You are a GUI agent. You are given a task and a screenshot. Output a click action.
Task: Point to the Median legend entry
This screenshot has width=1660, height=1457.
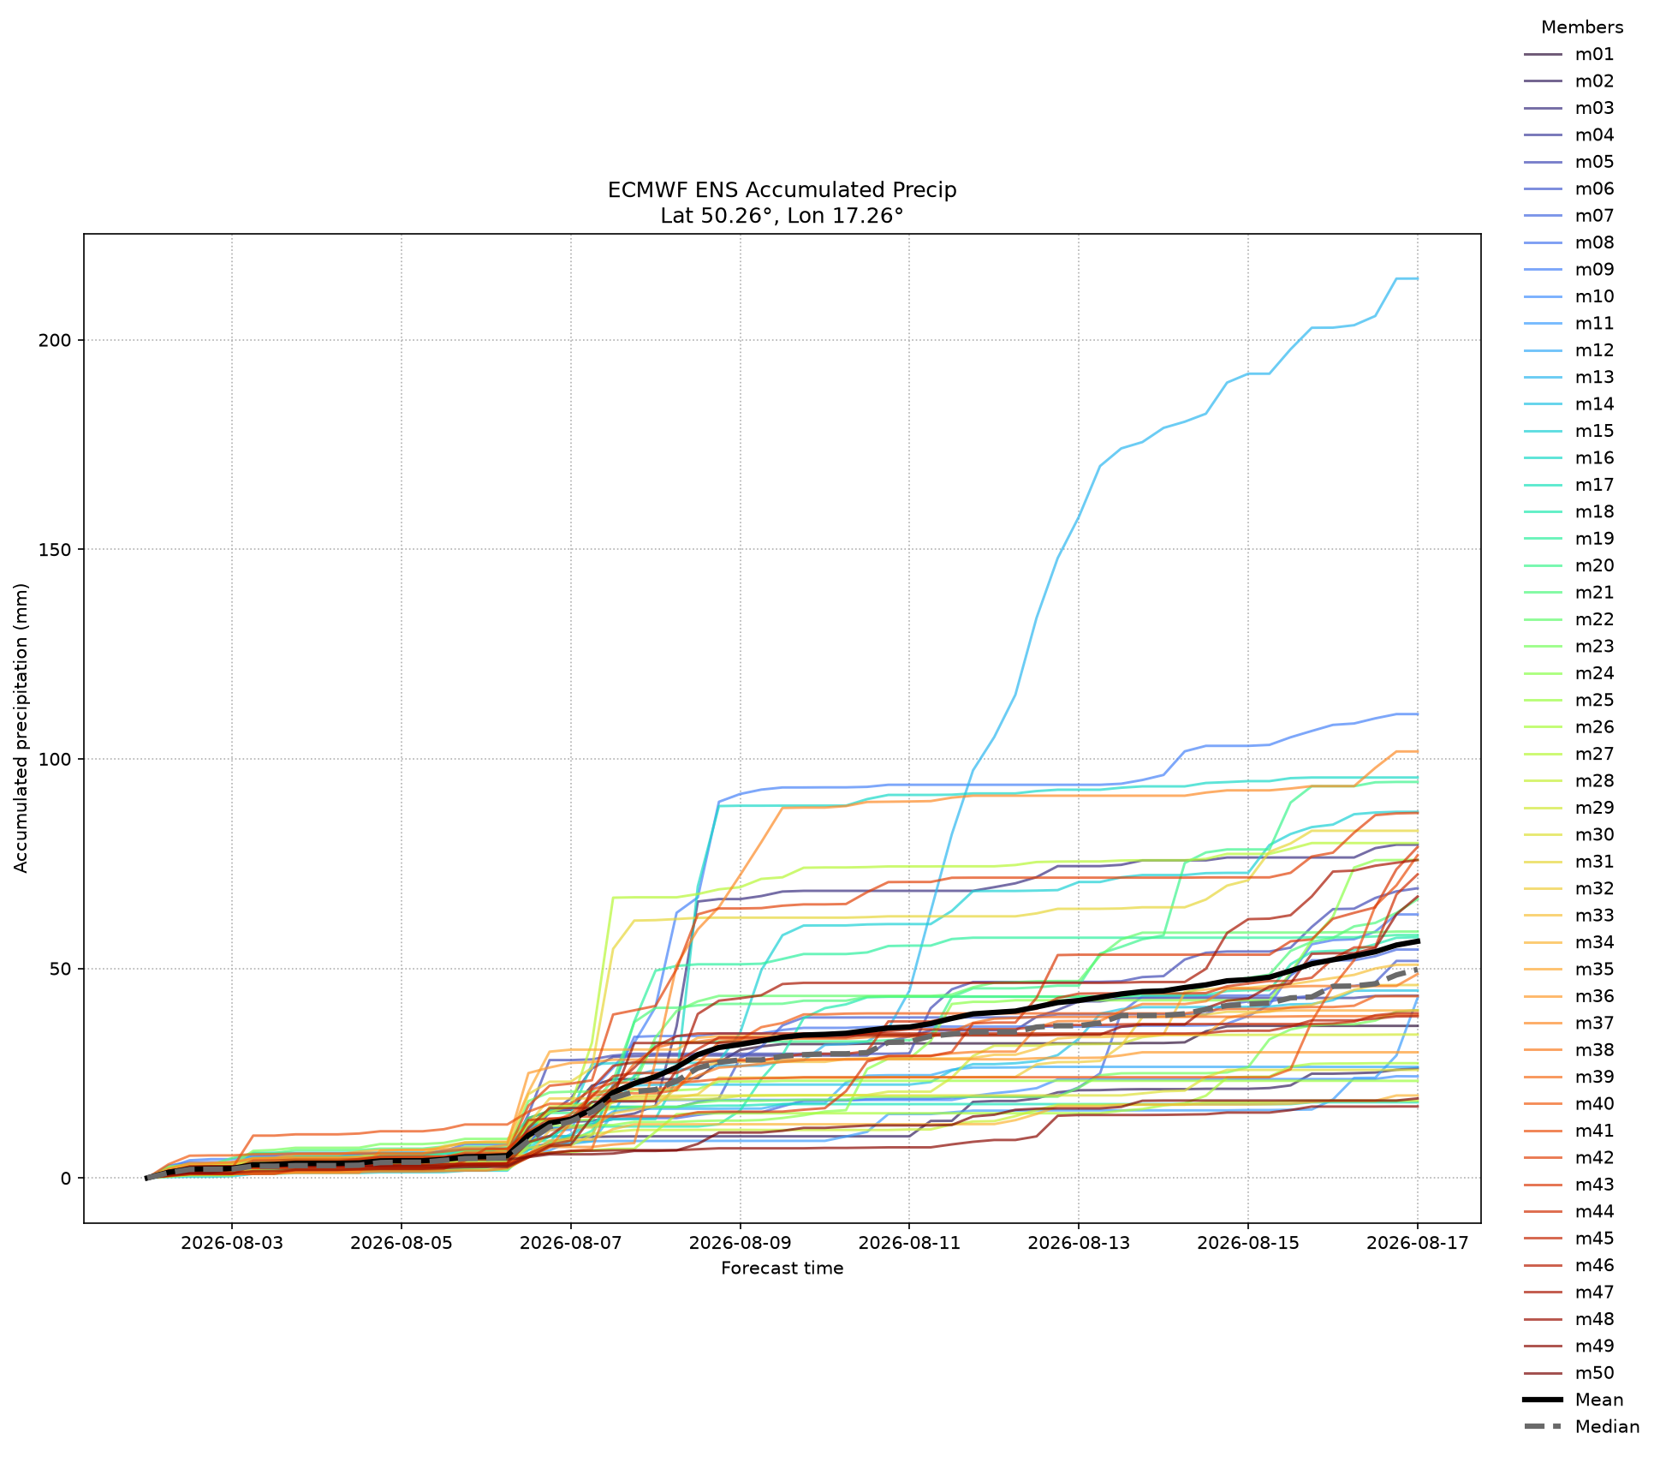(1581, 1427)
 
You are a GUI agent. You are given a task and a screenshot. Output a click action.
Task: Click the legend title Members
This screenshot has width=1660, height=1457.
(1582, 27)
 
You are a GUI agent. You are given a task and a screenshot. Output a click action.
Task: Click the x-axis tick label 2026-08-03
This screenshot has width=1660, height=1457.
(231, 1243)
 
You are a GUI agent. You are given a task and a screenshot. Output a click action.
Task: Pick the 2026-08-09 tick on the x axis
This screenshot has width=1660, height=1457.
(740, 1243)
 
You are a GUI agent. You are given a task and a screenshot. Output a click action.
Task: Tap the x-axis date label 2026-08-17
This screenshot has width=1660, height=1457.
(1418, 1243)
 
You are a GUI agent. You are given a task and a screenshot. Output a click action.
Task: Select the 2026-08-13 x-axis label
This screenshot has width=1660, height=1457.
(1079, 1243)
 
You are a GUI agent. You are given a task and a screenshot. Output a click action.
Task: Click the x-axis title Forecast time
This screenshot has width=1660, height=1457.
(782, 1269)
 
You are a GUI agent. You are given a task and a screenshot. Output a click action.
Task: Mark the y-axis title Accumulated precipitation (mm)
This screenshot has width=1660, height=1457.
(21, 728)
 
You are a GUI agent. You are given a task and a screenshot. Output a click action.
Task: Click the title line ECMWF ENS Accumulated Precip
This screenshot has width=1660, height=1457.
(782, 190)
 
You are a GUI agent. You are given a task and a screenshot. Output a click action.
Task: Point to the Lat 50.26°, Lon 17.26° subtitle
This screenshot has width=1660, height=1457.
(782, 216)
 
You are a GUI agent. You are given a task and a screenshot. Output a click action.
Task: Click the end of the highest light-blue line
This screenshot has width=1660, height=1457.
(1418, 278)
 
